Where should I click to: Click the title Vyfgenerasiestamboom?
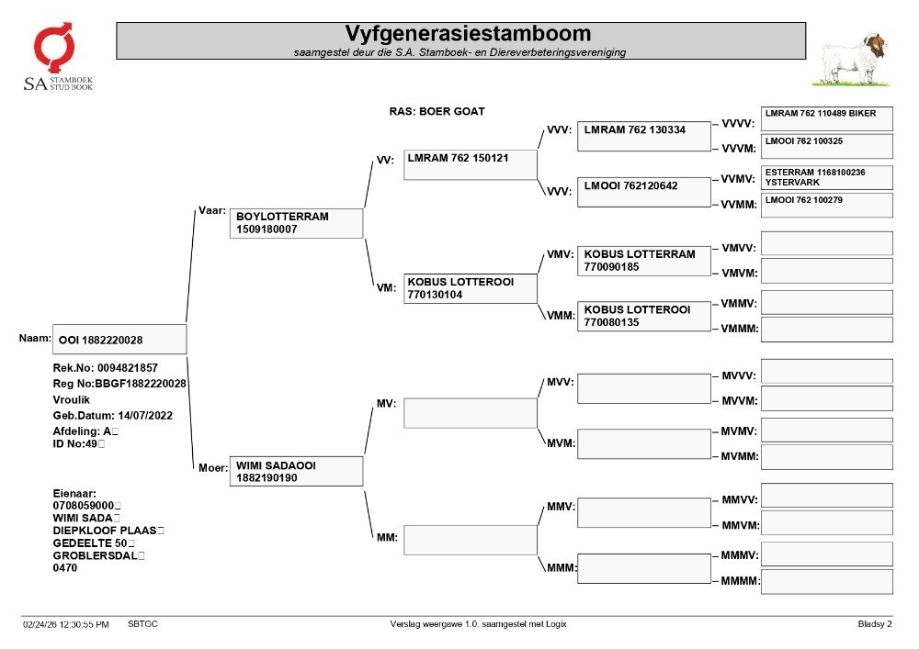[x=468, y=33]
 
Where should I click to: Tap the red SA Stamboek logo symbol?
[x=54, y=47]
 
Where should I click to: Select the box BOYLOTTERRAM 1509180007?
[x=296, y=223]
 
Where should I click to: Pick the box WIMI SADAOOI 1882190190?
[x=296, y=471]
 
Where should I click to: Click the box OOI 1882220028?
[x=119, y=340]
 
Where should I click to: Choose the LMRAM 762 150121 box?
[x=470, y=164]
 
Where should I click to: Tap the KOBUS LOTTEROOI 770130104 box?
[x=470, y=288]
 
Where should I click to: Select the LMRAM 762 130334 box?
[x=643, y=137]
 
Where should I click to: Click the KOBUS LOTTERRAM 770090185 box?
[x=643, y=261]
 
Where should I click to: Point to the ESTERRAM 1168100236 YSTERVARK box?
[x=826, y=177]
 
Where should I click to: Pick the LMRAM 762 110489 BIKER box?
[x=826, y=118]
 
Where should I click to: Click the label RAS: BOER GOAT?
[x=437, y=111]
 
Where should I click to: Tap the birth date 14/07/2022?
[x=145, y=416]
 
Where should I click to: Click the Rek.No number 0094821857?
[x=128, y=368]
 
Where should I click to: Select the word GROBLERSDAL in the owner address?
[x=95, y=555]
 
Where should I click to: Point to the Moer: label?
[x=213, y=467]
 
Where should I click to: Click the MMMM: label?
[x=740, y=580]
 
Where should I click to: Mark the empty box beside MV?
[x=470, y=413]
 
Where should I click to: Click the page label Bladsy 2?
[x=875, y=624]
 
